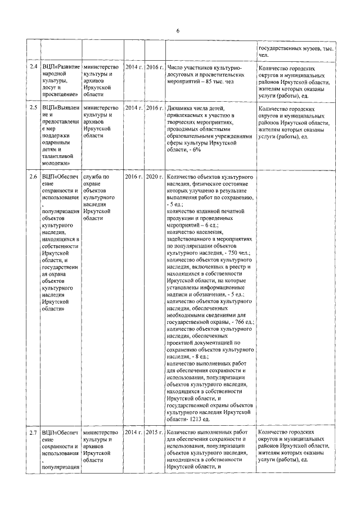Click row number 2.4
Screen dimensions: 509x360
pyautogui.click(x=33, y=66)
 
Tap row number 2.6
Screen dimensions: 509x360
pyautogui.click(x=33, y=177)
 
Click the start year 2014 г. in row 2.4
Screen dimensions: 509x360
pyautogui.click(x=133, y=66)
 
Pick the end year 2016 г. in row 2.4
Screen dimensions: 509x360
pyautogui.click(x=154, y=66)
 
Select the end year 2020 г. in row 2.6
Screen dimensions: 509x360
pyautogui.click(x=154, y=177)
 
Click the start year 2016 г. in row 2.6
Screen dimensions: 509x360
pyautogui.click(x=133, y=177)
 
